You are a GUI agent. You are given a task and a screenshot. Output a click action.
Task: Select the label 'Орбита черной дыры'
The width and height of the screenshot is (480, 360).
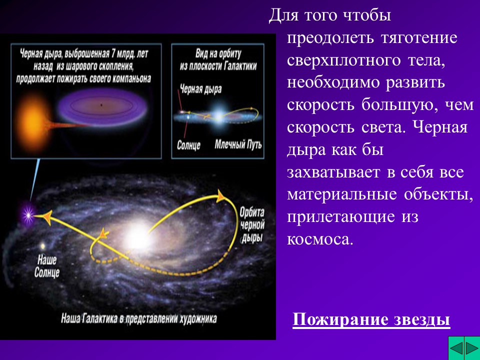pos(250,224)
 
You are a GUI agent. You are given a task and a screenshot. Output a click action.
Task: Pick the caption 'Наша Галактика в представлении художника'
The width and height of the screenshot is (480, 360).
pos(138,317)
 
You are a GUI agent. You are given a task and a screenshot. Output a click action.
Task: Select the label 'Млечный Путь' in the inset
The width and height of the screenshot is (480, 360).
pos(237,145)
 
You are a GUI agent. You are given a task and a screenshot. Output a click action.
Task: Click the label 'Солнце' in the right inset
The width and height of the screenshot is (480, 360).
pos(188,145)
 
